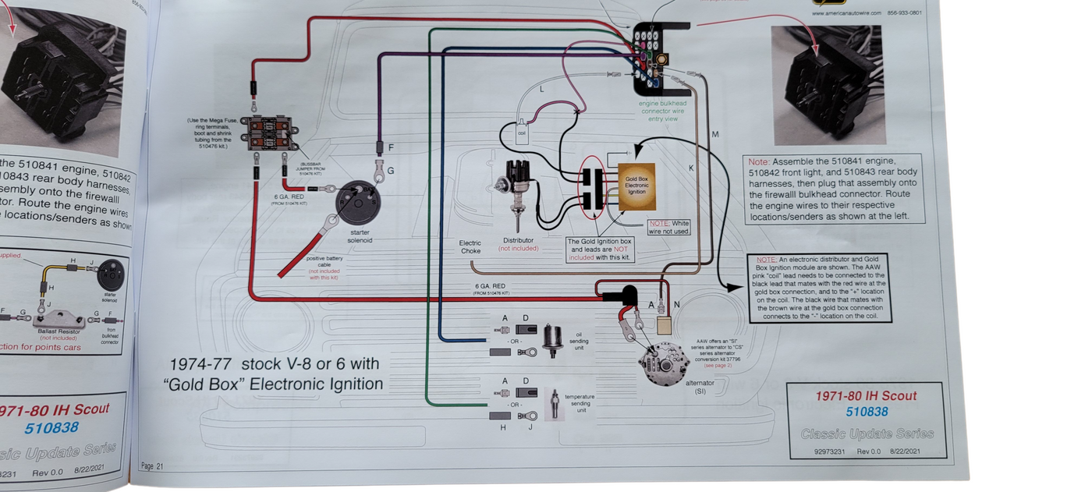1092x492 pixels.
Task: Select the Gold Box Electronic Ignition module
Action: point(636,186)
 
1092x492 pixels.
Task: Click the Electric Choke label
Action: point(470,247)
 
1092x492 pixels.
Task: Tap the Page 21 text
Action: point(152,465)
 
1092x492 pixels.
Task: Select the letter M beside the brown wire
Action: point(715,135)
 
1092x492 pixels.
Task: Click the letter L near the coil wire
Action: point(542,90)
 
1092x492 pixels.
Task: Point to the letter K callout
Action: point(690,168)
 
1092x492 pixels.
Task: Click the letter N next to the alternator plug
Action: point(676,305)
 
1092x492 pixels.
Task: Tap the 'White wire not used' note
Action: point(669,227)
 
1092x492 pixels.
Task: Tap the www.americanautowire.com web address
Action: point(846,12)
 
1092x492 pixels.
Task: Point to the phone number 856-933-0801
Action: point(904,12)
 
